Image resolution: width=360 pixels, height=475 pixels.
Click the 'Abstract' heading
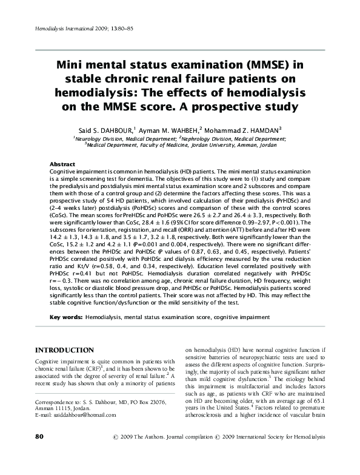pyautogui.click(x=62, y=165)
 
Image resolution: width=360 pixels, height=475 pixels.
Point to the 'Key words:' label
pyautogui.click(x=65, y=317)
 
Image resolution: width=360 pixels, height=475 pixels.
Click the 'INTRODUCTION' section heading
pyautogui.click(x=65, y=350)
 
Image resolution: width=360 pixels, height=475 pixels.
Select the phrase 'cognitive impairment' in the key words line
pyautogui.click(x=242, y=317)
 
